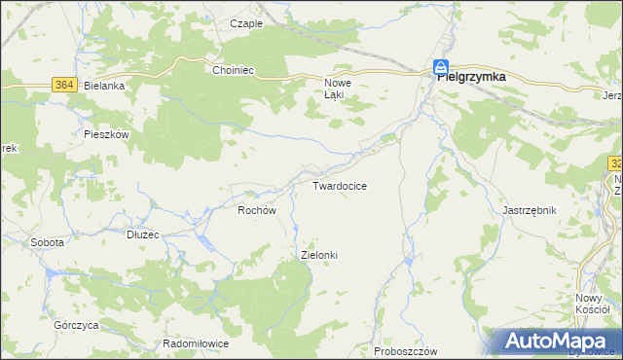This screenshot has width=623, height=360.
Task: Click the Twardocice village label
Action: (x=339, y=185)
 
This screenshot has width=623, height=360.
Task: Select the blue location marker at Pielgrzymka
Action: (x=440, y=68)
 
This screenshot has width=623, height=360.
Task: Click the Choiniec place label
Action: (x=234, y=70)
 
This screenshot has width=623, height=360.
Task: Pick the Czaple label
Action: (x=246, y=23)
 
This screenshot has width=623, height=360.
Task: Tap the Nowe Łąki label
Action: (x=337, y=89)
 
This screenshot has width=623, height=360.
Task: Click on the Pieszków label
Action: (x=107, y=135)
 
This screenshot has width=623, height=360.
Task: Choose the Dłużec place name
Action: (x=143, y=234)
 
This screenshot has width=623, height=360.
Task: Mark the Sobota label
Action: (x=48, y=242)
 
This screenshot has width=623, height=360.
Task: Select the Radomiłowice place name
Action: (x=196, y=344)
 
